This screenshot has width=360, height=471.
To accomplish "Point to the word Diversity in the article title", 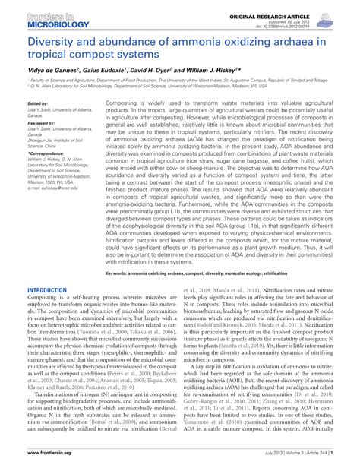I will (52, 43).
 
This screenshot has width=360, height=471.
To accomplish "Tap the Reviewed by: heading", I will (41, 122).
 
